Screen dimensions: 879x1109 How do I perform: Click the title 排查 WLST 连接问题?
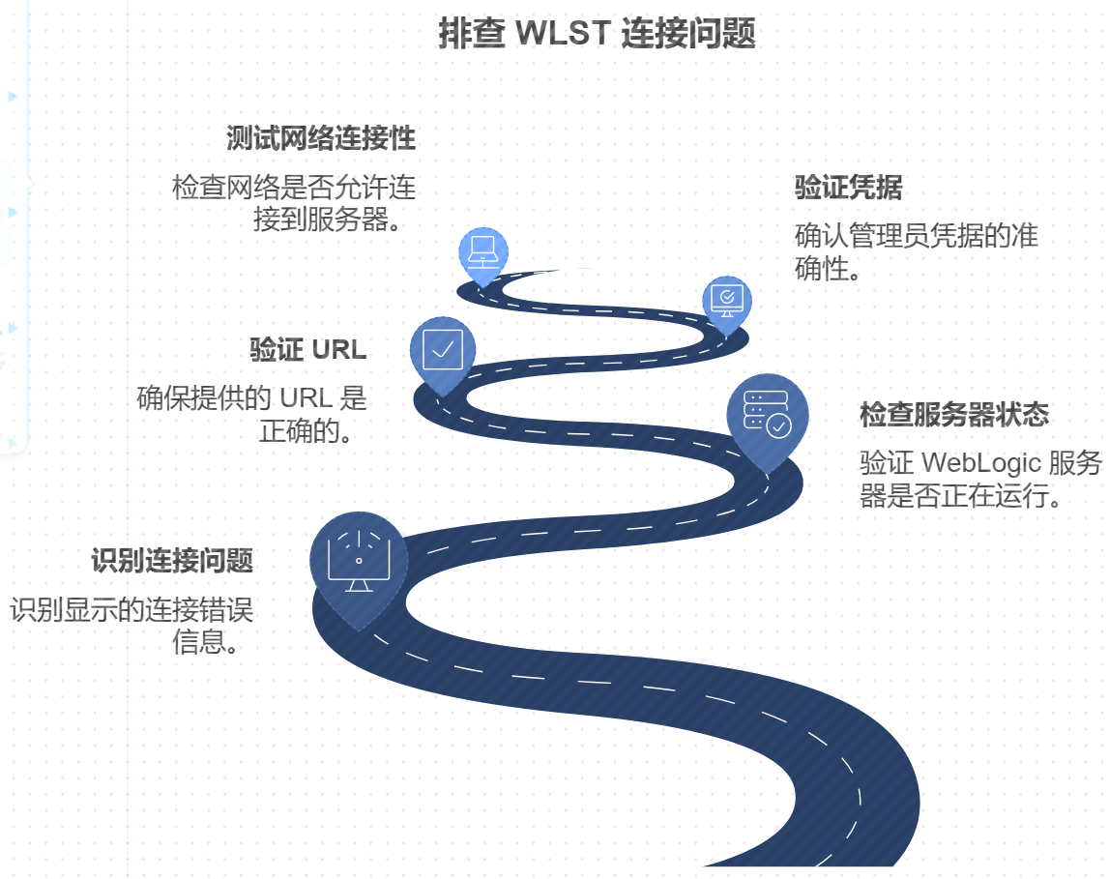(596, 34)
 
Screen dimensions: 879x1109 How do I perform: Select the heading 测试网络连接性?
(321, 138)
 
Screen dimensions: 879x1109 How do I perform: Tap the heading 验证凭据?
(848, 188)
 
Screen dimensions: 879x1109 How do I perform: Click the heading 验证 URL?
(308, 349)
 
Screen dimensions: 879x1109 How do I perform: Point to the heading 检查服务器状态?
(954, 415)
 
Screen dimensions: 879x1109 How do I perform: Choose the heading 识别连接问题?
(172, 561)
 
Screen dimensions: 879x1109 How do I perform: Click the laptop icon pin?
(482, 252)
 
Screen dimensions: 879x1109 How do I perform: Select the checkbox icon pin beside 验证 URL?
(443, 349)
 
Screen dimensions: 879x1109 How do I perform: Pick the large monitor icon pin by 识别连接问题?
(359, 561)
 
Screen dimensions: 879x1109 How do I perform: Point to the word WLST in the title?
(563, 34)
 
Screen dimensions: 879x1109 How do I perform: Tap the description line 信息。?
(206, 642)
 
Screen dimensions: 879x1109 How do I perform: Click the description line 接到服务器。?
(328, 220)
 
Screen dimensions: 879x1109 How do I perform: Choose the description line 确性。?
(830, 268)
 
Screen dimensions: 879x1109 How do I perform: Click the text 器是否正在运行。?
(962, 496)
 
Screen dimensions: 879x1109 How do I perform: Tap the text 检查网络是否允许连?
(293, 187)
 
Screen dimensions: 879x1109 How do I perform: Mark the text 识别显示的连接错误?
(131, 610)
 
